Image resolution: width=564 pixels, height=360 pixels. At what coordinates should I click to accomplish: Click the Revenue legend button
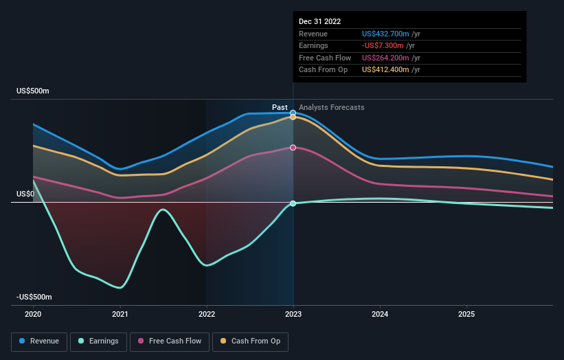click(38, 341)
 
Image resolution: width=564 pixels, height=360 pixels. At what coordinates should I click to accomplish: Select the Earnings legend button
click(98, 341)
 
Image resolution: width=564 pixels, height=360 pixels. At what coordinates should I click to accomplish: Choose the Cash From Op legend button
click(250, 341)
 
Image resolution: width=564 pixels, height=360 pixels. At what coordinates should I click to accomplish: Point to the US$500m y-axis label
click(33, 91)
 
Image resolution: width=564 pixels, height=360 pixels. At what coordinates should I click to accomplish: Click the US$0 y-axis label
click(25, 194)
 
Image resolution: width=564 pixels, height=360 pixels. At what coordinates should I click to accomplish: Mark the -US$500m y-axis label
click(34, 297)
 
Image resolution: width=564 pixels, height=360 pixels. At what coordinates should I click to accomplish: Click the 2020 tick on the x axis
click(33, 314)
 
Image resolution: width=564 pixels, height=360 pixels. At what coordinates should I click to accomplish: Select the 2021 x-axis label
click(120, 314)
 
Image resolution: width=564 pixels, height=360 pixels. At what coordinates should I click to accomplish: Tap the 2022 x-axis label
click(206, 314)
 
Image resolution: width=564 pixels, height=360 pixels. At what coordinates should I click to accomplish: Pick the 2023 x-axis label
click(293, 314)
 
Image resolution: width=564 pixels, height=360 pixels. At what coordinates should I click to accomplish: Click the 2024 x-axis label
click(380, 314)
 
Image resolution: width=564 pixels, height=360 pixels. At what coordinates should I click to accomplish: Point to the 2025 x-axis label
click(466, 314)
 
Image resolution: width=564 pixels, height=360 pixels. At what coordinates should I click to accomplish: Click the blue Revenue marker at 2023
click(293, 113)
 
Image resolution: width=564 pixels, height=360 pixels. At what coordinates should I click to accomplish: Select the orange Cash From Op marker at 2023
click(293, 117)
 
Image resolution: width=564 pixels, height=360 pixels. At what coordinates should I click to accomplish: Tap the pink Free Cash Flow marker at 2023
click(293, 148)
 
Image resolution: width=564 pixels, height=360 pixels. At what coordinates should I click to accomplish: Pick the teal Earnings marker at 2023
click(293, 203)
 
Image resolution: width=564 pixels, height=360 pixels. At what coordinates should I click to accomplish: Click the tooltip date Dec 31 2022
click(319, 22)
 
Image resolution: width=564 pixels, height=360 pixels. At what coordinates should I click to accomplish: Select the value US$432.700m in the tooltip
click(387, 34)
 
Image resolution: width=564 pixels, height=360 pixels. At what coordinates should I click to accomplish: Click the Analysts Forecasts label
click(331, 107)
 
